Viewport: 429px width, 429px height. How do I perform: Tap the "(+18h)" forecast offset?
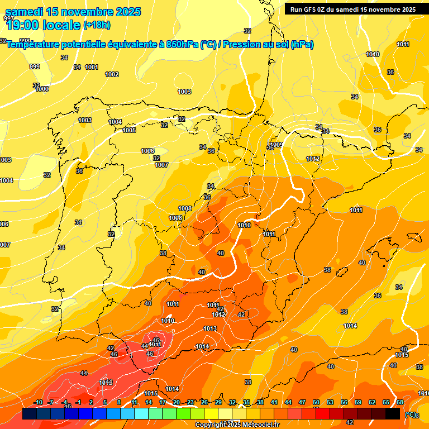[x=97, y=25]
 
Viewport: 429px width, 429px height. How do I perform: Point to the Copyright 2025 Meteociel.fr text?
[x=237, y=425]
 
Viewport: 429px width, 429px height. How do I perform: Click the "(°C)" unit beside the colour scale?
[x=410, y=414]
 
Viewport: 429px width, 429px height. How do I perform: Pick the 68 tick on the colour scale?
[x=400, y=402]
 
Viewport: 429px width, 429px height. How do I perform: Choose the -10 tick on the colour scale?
[x=38, y=402]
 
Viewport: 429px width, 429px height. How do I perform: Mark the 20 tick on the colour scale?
[x=177, y=402]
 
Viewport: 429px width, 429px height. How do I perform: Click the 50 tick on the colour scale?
[x=316, y=402]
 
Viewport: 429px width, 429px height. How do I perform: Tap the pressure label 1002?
[x=112, y=74]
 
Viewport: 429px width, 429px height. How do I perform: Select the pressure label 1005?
[x=129, y=130]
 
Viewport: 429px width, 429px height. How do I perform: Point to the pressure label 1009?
[x=276, y=144]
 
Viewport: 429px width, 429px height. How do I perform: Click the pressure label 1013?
[x=210, y=328]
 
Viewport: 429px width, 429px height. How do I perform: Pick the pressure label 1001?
[x=92, y=67]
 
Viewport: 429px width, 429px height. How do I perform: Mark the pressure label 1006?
[x=147, y=151]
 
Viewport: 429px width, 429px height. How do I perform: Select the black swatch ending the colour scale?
[x=393, y=414]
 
